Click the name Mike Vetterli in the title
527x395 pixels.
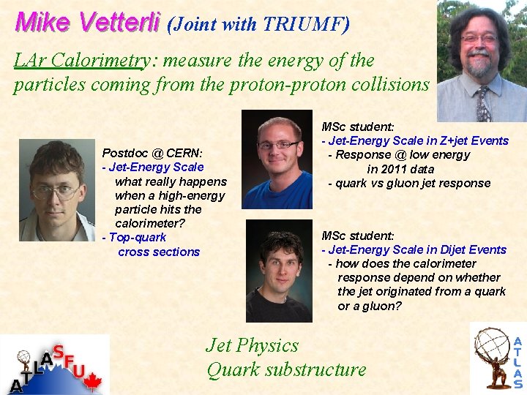pos(87,23)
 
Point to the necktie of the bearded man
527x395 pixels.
pos(482,103)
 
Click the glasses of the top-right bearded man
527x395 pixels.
pos(479,38)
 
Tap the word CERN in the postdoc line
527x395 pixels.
pos(184,154)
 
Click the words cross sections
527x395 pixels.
pos(159,252)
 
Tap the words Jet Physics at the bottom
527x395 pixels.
pos(253,345)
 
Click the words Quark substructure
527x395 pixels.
pos(286,369)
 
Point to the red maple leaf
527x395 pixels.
pos(92,383)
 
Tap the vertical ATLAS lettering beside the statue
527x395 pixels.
pos(517,362)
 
